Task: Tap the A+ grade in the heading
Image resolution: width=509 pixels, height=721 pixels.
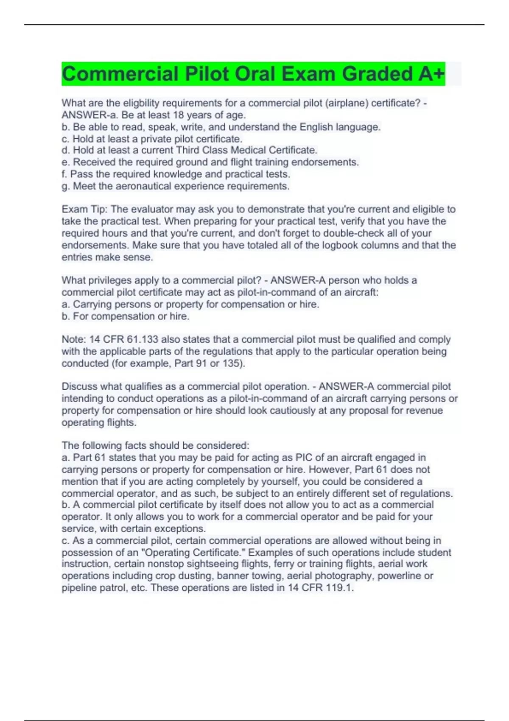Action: (x=431, y=74)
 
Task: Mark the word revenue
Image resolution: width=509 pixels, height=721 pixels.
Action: (x=424, y=411)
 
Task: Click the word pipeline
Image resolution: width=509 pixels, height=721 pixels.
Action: (x=79, y=588)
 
